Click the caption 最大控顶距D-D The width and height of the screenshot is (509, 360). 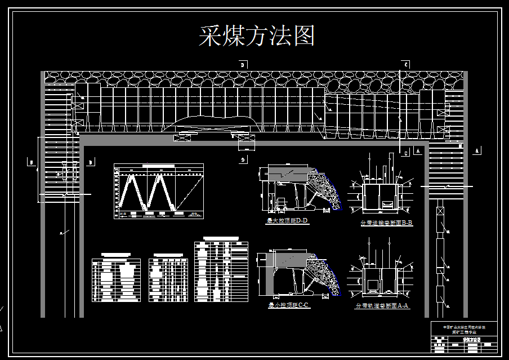[x=288, y=221]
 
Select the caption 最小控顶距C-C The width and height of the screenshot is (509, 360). [x=288, y=305]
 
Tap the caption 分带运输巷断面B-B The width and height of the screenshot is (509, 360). [x=386, y=223]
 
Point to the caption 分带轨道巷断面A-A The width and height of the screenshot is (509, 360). [x=382, y=306]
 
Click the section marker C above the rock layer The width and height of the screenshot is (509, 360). [x=405, y=64]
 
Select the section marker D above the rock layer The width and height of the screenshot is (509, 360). [x=243, y=65]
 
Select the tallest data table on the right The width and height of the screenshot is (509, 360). [x=221, y=272]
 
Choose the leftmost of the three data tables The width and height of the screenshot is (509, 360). [x=115, y=280]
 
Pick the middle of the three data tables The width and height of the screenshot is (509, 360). [x=168, y=280]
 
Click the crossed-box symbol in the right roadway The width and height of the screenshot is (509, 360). [x=440, y=213]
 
